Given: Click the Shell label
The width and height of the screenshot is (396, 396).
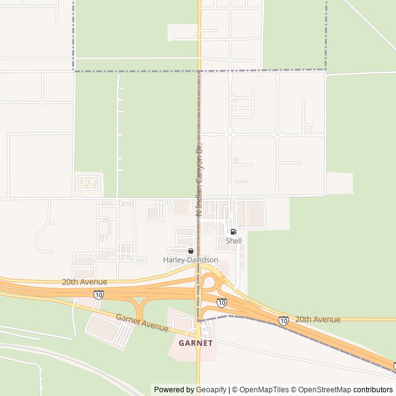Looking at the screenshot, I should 234,241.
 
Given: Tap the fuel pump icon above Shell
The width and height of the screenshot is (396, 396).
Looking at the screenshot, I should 233,232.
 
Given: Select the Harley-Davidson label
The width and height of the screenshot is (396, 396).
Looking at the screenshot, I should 191,260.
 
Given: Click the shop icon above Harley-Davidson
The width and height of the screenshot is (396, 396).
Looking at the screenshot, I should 191,251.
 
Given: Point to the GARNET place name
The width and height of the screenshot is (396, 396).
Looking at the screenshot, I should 196,343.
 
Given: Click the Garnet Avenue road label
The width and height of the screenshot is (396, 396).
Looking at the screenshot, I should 142,322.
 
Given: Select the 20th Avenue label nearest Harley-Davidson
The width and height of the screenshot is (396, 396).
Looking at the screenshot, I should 84,282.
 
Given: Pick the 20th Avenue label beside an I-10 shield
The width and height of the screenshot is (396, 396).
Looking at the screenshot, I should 317,319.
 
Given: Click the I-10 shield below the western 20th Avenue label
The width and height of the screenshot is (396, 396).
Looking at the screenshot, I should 98,295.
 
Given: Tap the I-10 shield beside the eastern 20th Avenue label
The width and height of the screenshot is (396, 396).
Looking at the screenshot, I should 283,321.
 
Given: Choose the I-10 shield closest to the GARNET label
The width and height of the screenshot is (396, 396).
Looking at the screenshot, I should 222,302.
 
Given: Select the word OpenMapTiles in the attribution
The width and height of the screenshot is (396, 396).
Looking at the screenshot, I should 261,390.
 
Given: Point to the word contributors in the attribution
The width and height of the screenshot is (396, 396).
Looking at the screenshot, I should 373,390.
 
